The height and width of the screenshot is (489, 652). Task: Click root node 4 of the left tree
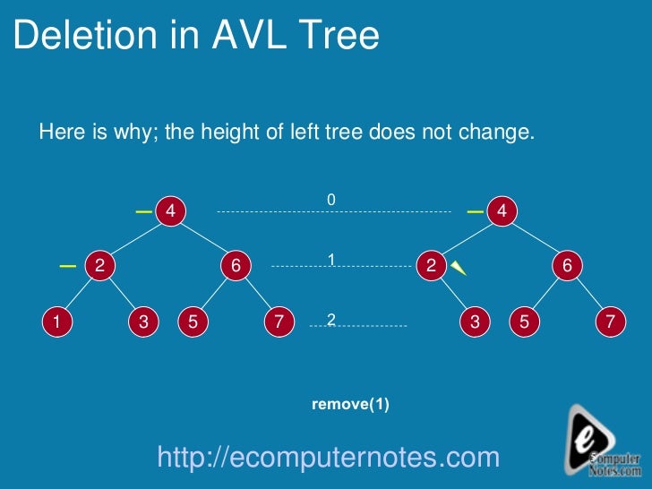169,211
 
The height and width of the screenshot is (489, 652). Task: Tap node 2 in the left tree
99,265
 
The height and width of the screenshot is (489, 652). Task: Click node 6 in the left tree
236,265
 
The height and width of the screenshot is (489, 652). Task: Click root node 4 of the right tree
502,211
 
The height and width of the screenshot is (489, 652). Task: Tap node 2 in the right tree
431,265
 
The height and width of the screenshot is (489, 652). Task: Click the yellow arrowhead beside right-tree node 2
459,268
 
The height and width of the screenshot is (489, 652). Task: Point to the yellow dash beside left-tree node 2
67,266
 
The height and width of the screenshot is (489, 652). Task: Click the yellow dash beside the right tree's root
476,212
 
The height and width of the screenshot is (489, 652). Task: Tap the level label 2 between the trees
330,320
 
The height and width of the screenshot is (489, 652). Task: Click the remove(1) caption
350,404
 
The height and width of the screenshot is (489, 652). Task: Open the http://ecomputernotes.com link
328,458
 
